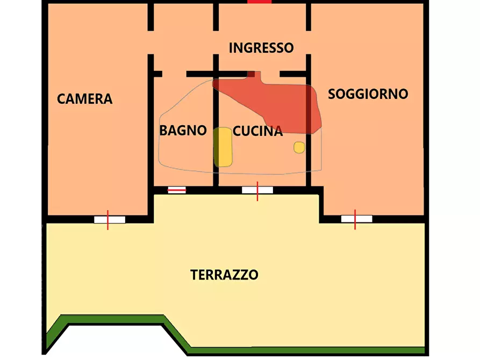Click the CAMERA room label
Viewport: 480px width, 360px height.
click(85, 99)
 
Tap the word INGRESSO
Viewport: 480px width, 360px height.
click(261, 48)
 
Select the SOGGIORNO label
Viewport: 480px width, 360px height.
click(368, 94)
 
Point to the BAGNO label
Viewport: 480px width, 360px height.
click(183, 130)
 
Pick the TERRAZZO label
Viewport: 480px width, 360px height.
click(224, 275)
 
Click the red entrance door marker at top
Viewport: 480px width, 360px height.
click(260, 2)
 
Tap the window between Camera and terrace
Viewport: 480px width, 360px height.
click(109, 219)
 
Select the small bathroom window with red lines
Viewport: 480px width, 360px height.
click(177, 190)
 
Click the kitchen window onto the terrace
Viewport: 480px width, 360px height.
click(257, 190)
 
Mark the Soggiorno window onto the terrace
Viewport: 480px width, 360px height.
click(356, 219)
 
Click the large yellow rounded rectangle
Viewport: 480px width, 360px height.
click(223, 147)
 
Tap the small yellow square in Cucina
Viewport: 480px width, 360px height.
click(299, 147)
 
